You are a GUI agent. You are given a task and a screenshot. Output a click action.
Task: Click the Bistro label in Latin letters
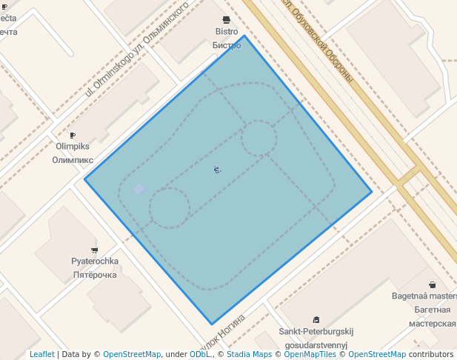[x=227, y=32]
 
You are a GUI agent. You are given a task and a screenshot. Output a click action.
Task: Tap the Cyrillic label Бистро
[x=227, y=45]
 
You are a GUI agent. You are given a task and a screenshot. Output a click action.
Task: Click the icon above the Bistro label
[x=227, y=19]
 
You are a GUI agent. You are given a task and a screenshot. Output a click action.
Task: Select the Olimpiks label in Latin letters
[x=73, y=147]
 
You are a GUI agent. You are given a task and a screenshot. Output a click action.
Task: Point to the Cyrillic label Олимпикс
[x=73, y=159]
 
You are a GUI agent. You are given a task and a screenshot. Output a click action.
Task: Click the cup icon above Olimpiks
[x=73, y=135]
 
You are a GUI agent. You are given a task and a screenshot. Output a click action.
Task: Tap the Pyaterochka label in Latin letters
[x=95, y=261]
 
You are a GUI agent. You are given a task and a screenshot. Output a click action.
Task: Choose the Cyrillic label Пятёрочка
[x=95, y=275]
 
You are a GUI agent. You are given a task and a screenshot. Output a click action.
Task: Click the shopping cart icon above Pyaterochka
[x=94, y=250]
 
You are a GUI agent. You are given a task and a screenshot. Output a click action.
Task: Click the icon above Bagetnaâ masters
[x=433, y=284]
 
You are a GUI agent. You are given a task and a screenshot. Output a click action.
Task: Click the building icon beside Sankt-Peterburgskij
[x=316, y=319]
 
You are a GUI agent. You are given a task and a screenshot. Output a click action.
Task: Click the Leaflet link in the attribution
[x=41, y=354]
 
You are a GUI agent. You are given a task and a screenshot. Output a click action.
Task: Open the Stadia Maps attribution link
[x=249, y=354]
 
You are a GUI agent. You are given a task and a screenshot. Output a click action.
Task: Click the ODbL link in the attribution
[x=201, y=354]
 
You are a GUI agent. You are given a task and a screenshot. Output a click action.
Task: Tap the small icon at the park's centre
[x=217, y=170]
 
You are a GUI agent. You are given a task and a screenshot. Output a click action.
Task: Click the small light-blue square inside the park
[x=139, y=189]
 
